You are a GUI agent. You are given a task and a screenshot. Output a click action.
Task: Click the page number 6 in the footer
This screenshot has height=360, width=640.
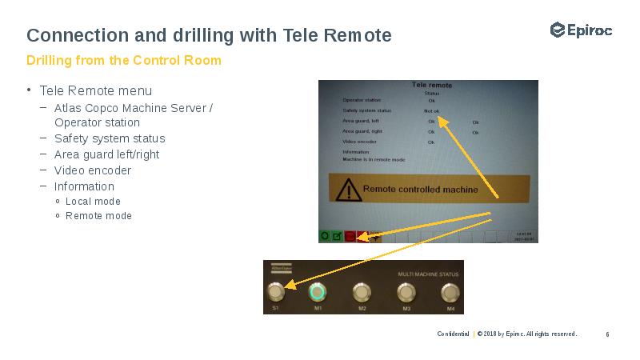click(x=608, y=334)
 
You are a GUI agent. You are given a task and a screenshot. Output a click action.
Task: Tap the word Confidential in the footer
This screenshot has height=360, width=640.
click(x=453, y=334)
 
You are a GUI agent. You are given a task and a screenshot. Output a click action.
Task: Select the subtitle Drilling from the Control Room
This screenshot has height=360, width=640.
click(x=124, y=61)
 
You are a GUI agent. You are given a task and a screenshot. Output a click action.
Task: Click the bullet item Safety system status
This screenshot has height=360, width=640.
click(x=110, y=138)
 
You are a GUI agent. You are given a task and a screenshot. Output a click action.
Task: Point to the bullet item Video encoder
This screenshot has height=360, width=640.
click(x=93, y=170)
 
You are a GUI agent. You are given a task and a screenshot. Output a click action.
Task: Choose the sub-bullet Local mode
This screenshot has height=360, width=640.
click(x=93, y=202)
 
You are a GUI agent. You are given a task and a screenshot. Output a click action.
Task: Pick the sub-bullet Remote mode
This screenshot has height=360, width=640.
click(x=98, y=216)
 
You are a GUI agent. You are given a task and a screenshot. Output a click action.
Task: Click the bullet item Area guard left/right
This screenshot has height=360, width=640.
click(x=107, y=154)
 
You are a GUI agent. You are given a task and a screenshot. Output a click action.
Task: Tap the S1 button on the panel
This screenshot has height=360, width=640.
click(x=276, y=291)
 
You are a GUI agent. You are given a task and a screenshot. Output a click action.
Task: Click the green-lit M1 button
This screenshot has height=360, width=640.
click(x=318, y=291)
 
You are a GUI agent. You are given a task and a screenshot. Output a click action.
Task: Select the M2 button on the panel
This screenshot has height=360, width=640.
click(x=362, y=291)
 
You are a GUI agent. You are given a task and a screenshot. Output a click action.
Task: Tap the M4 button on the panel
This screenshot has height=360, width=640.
click(x=450, y=291)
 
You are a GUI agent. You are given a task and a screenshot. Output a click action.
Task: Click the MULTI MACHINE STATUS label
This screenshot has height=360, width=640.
click(x=428, y=274)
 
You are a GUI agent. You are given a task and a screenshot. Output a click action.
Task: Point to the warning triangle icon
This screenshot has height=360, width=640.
click(x=347, y=190)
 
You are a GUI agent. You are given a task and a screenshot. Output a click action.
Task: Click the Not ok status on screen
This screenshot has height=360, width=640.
click(x=431, y=110)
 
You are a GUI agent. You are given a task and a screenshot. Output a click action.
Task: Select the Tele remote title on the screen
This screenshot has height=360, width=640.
click(x=431, y=85)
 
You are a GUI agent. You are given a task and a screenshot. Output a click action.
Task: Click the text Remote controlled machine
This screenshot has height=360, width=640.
click(x=420, y=190)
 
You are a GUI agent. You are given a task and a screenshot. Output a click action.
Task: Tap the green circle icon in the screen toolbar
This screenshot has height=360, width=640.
click(x=325, y=236)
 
